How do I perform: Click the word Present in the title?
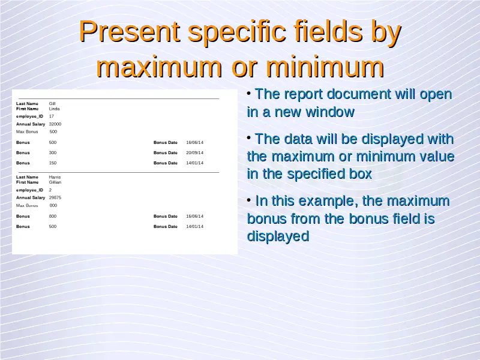129,32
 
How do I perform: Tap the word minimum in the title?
325,67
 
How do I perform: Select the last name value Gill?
52,103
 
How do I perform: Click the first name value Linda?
54,109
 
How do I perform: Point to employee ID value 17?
52,116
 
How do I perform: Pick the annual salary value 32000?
55,124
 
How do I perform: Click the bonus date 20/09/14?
194,153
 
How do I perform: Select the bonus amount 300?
53,153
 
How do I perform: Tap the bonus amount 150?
53,163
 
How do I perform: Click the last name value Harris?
55,177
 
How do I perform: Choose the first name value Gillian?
55,182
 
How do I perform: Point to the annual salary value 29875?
55,198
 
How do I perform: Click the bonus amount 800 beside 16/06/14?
53,216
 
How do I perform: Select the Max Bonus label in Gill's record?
27,131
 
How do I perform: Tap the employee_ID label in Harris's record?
29,190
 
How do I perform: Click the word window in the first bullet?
330,112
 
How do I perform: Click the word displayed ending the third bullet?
278,236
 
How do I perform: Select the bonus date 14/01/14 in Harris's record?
194,227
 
